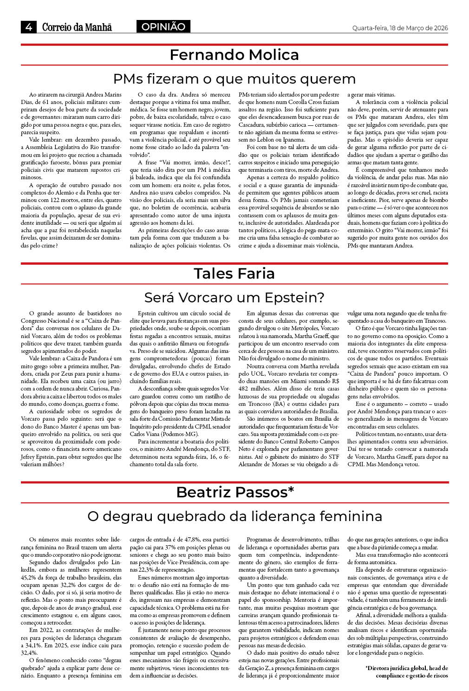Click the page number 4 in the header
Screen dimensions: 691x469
(x=29, y=27)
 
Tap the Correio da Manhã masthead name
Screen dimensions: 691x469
(x=77, y=27)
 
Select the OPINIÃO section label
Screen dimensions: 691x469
(x=163, y=27)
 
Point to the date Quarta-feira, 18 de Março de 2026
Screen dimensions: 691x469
(x=400, y=28)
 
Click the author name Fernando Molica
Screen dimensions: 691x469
(x=234, y=55)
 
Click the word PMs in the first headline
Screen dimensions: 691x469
(x=128, y=78)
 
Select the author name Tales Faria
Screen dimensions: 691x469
(x=234, y=274)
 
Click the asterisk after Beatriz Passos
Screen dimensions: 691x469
(x=291, y=491)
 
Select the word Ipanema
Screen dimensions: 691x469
(x=294, y=140)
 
